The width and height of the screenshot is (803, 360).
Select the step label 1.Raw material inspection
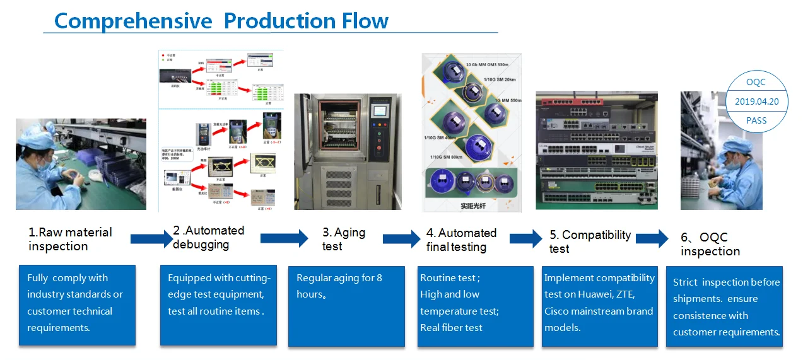click(69, 239)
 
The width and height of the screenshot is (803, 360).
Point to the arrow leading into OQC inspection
click(652, 239)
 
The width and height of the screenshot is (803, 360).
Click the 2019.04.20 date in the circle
click(756, 102)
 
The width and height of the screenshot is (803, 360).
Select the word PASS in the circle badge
click(756, 120)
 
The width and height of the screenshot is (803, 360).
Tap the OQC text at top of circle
click(756, 83)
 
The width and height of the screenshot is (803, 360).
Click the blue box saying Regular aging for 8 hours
click(346, 306)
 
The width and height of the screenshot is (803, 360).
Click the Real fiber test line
click(451, 327)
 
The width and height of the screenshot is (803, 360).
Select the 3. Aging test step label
click(343, 239)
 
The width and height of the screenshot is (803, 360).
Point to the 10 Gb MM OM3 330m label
click(495, 65)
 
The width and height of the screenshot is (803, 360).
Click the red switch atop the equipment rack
click(568, 100)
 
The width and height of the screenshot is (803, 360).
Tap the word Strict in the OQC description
click(686, 282)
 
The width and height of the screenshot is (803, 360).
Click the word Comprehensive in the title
click(133, 21)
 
